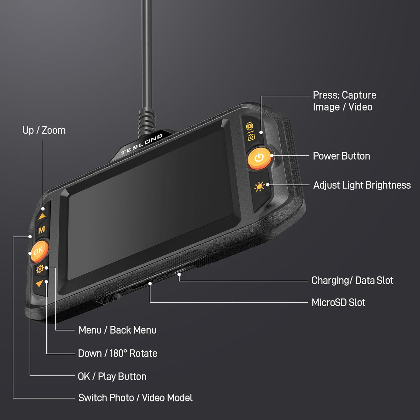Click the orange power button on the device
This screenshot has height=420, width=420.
click(259, 158)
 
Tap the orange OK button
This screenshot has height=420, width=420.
click(39, 251)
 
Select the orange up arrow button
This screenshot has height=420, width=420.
click(42, 216)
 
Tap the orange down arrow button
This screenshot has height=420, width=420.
click(40, 283)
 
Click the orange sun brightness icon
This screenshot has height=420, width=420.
click(259, 187)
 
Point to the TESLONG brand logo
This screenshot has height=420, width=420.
click(142, 144)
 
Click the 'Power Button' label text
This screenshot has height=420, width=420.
click(341, 156)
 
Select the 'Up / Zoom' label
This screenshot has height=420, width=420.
click(44, 130)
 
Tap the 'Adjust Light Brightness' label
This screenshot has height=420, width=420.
click(362, 185)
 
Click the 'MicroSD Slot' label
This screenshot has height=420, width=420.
click(338, 302)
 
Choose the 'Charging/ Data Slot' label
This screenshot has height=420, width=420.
click(352, 280)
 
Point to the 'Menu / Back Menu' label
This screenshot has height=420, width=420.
click(118, 330)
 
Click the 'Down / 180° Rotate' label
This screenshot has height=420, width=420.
click(118, 353)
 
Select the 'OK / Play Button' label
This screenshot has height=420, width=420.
click(112, 377)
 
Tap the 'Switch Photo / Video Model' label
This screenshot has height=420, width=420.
click(135, 398)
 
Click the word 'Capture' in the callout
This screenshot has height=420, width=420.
click(359, 95)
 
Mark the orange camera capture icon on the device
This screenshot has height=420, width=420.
click(250, 126)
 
